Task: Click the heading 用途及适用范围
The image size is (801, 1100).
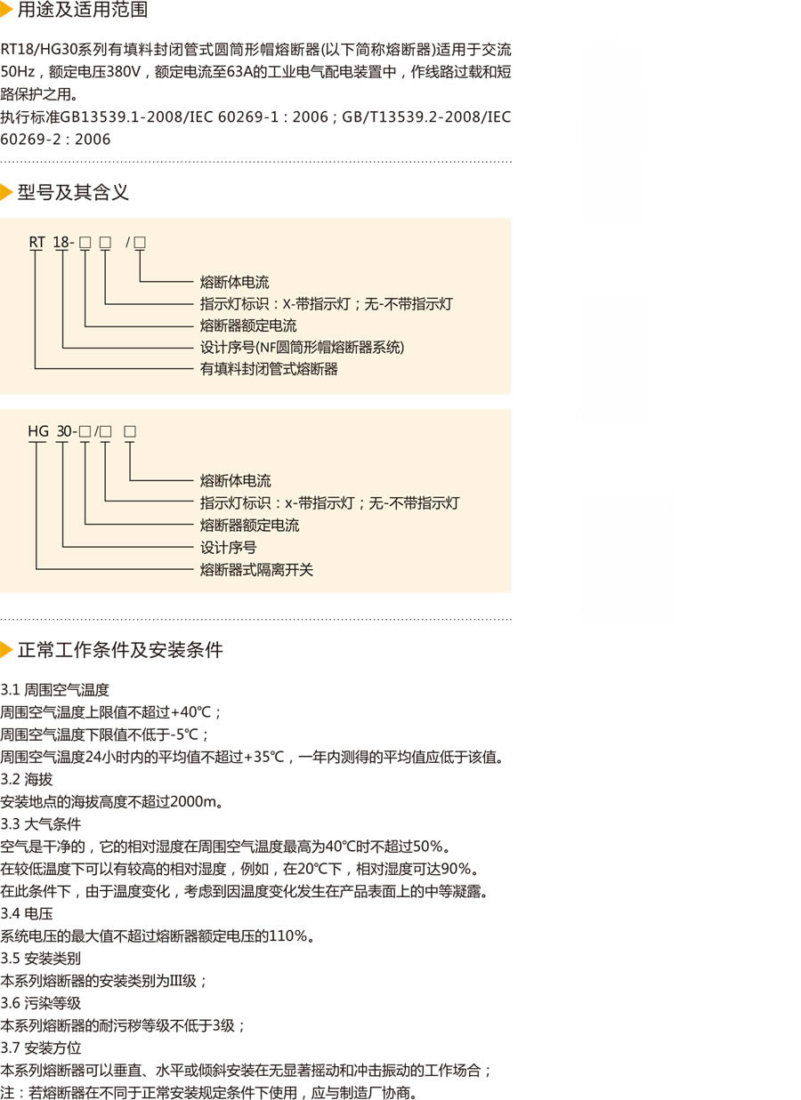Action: (x=83, y=9)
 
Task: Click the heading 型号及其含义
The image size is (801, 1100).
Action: (x=73, y=192)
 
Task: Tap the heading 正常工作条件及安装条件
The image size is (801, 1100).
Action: (x=120, y=650)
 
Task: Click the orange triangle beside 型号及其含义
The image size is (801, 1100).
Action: (x=6, y=192)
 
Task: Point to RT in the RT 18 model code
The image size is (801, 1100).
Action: (x=36, y=242)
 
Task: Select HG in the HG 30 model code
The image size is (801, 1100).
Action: (x=38, y=431)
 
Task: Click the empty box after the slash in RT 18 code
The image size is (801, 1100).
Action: (x=140, y=242)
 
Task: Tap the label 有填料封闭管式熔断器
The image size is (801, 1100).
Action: (x=269, y=369)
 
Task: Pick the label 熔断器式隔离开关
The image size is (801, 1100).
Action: (x=256, y=570)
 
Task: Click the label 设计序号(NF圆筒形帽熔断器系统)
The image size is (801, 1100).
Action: (x=303, y=347)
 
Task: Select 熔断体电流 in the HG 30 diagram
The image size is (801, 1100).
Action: (x=235, y=480)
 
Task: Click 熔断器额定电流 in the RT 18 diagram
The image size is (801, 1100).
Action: (x=248, y=325)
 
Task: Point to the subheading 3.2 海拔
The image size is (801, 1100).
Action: (x=27, y=779)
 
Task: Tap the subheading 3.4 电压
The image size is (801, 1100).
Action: (x=27, y=913)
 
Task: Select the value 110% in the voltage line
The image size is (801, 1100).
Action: (x=288, y=935)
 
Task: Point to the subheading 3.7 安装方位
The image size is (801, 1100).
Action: (x=41, y=1048)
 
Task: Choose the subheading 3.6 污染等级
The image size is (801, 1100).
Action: (x=41, y=1003)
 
